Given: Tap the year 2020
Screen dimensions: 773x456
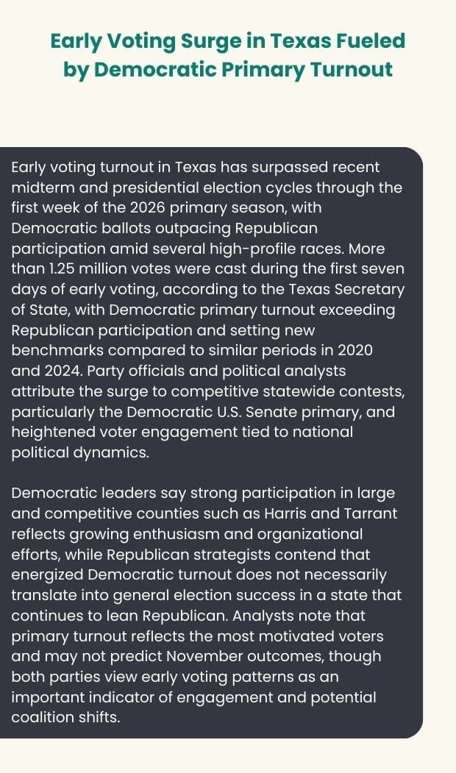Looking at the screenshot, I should pyautogui.click(x=357, y=350).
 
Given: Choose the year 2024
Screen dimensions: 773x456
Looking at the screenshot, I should pyautogui.click(x=58, y=371).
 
